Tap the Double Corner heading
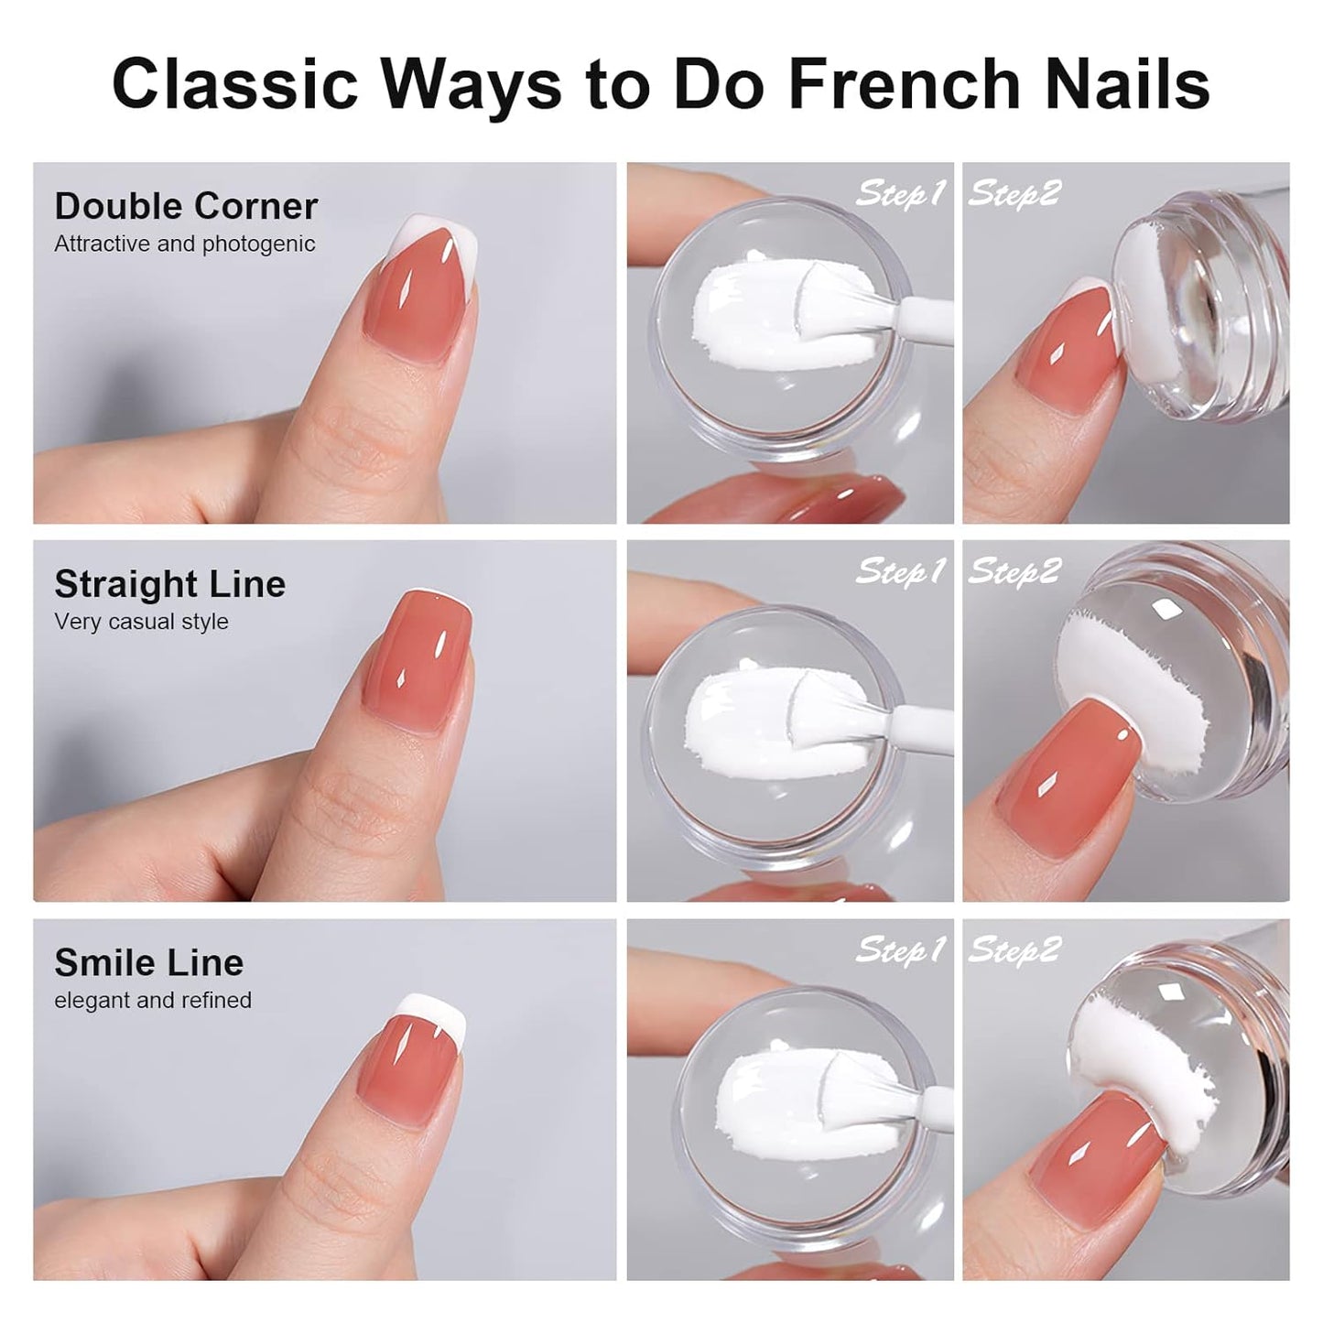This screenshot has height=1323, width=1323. [x=186, y=206]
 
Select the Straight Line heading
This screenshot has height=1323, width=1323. [x=169, y=584]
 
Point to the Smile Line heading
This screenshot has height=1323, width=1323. [x=148, y=962]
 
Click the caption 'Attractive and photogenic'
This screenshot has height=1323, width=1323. [x=184, y=244]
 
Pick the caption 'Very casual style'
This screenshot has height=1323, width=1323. [x=141, y=622]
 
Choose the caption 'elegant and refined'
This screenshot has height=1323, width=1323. [x=152, y=1000]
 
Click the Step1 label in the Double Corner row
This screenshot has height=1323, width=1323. [x=900, y=193]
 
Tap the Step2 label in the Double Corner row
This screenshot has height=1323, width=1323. [x=1014, y=193]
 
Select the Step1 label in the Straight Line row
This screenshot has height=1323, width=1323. [x=900, y=571]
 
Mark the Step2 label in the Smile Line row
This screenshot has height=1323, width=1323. [x=1014, y=950]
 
